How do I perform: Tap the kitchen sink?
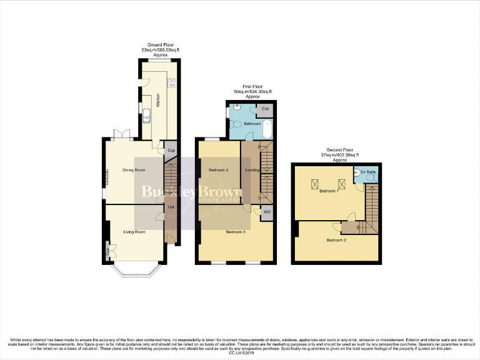146,115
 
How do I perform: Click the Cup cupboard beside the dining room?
171,150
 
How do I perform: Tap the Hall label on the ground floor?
171,206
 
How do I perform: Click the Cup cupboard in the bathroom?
266,109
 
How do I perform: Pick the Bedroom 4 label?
218,170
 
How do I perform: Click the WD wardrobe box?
267,212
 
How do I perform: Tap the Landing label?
252,170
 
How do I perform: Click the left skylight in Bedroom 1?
316,184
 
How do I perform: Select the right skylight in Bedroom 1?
341,184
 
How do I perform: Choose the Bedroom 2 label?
336,239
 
